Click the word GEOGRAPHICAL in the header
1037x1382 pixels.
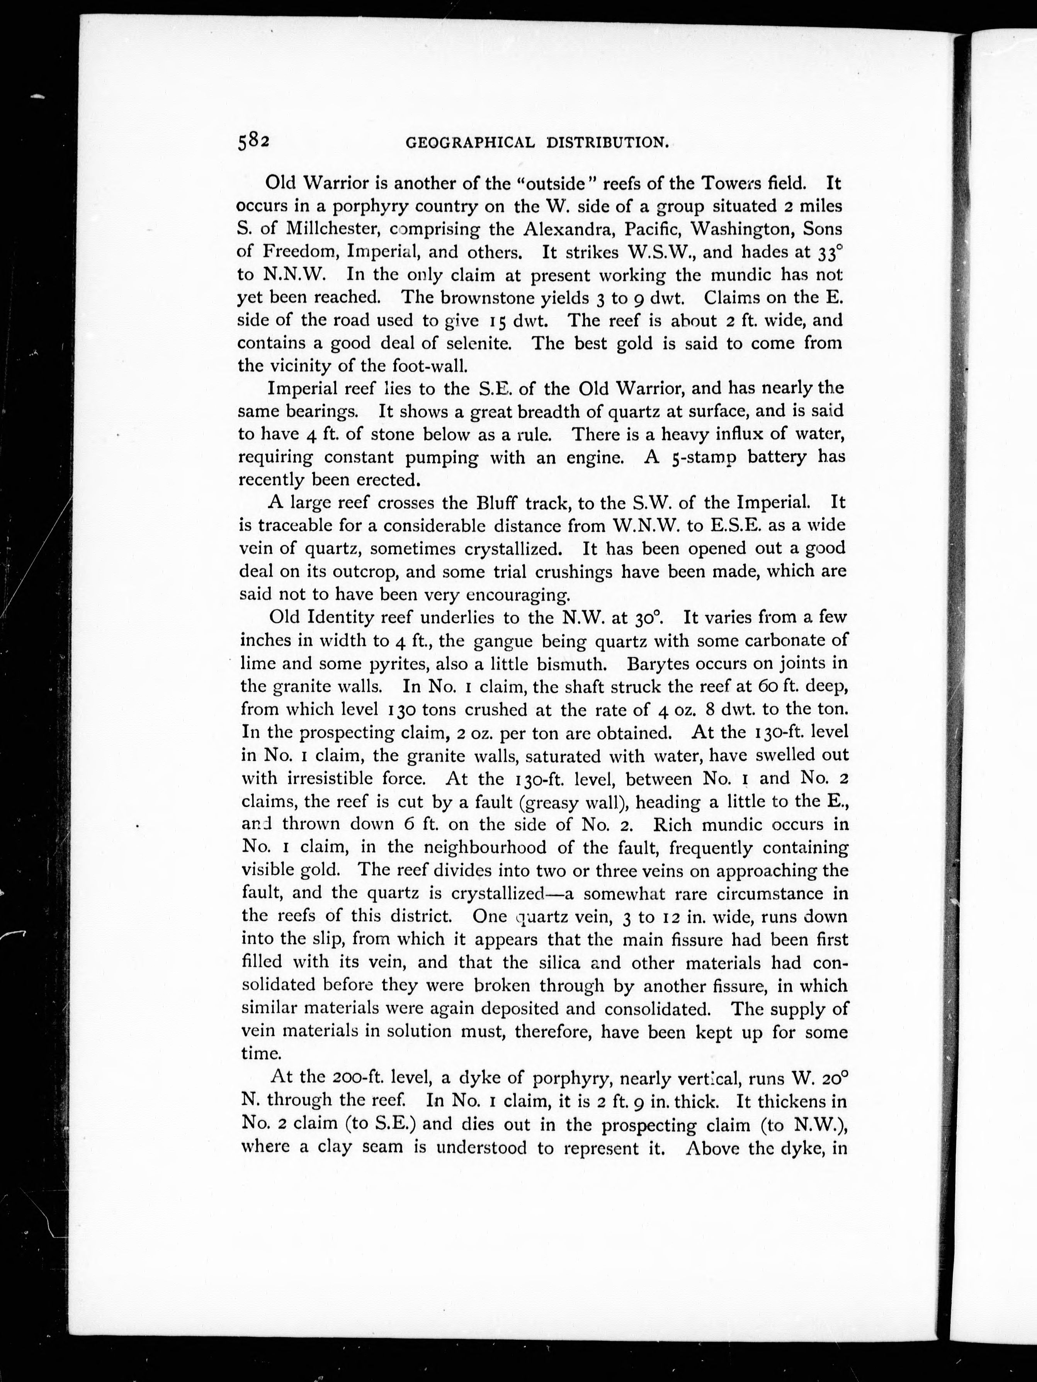coord(470,143)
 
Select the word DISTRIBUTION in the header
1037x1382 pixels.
coord(608,143)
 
